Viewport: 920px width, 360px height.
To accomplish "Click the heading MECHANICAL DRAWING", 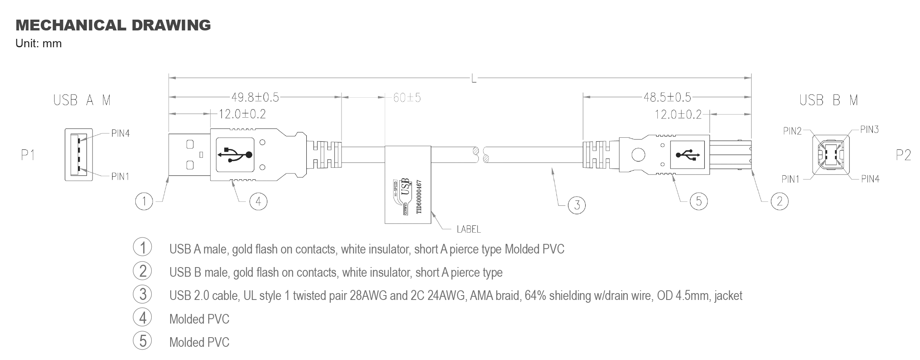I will (113, 25).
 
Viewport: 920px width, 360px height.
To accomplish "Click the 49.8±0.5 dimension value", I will (255, 97).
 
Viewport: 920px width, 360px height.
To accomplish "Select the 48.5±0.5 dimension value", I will (667, 97).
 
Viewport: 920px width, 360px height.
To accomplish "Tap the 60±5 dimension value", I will (407, 98).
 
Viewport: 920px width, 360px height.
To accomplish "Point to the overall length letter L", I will (474, 79).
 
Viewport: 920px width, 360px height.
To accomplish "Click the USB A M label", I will (82, 100).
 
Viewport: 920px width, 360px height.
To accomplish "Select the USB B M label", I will (828, 100).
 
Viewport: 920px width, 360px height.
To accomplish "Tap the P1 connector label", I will (28, 155).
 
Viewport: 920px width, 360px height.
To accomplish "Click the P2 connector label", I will (903, 155).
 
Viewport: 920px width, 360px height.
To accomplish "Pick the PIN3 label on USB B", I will (869, 129).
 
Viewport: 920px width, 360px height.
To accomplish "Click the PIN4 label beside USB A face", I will (120, 133).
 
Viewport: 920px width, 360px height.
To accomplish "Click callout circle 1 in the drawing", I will (144, 201).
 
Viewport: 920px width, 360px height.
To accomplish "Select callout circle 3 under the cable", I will (577, 205).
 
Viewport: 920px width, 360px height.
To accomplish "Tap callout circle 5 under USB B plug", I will (699, 201).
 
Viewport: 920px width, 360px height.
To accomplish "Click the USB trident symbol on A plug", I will (235, 155).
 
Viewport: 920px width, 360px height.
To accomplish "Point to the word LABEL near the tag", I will (468, 229).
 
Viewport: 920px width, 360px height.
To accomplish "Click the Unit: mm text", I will (38, 44).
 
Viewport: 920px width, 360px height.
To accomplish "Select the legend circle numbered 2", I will (143, 271).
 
